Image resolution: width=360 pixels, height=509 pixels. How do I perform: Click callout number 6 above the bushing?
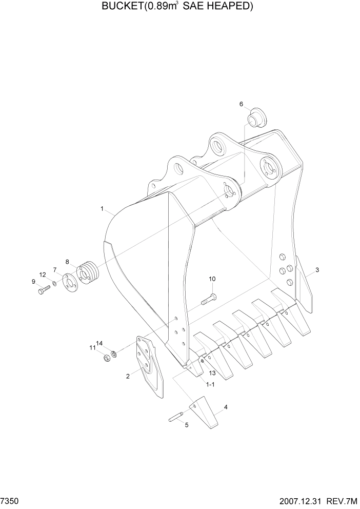(x=241, y=104)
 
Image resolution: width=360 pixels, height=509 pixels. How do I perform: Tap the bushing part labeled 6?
(x=254, y=117)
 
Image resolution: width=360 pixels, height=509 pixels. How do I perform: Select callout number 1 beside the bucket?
(x=103, y=209)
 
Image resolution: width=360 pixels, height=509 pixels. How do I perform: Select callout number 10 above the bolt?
(x=212, y=279)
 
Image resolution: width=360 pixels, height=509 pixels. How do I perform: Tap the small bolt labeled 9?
(x=42, y=291)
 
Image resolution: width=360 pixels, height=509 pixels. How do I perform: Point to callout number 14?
(x=99, y=343)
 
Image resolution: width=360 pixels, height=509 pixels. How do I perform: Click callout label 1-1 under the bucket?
(x=210, y=384)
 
